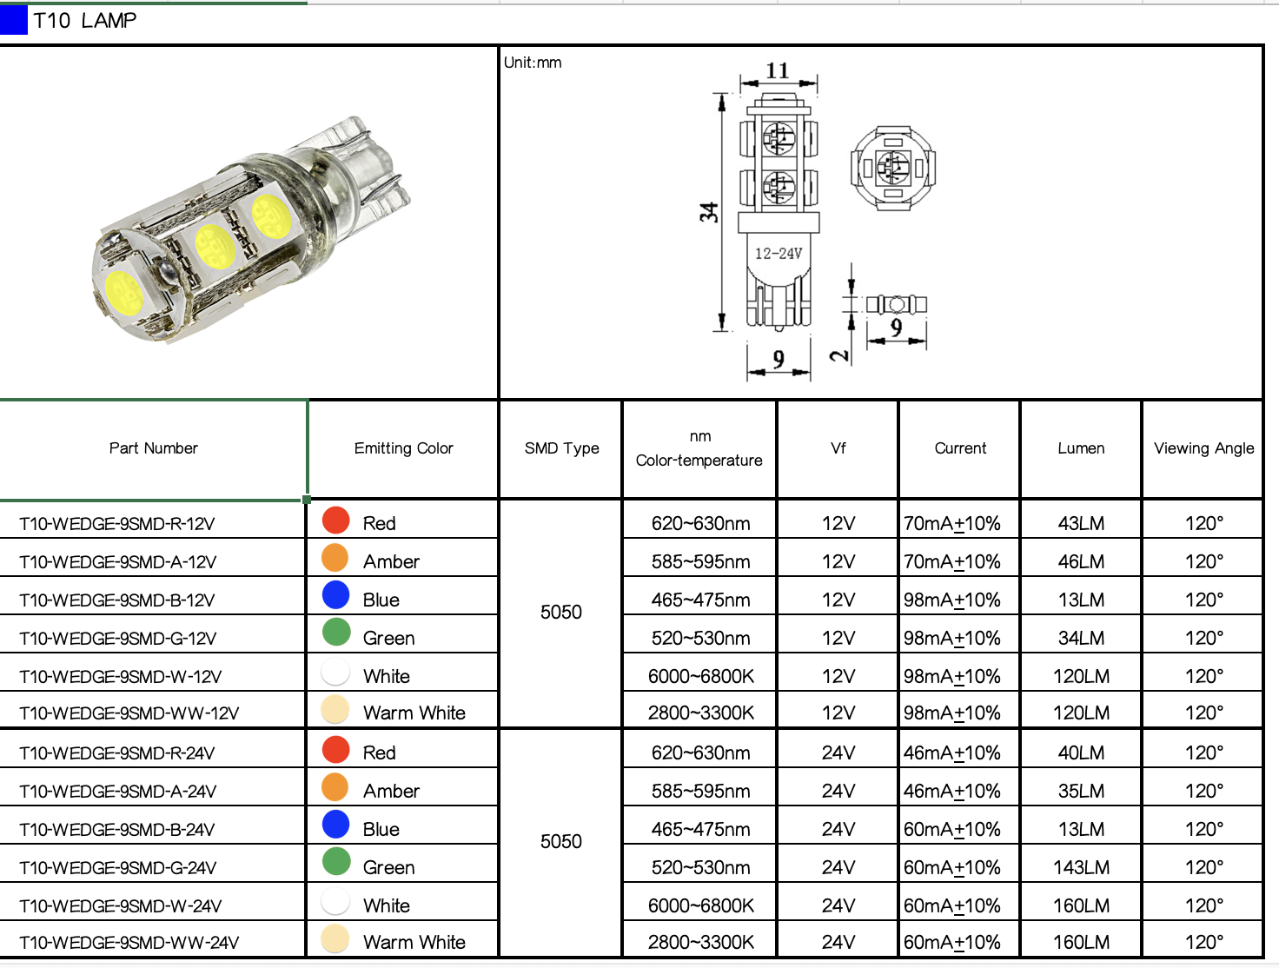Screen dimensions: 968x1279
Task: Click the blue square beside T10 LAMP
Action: (x=14, y=20)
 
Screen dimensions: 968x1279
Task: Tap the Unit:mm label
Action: (x=533, y=63)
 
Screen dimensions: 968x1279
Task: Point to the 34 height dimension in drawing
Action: (x=709, y=212)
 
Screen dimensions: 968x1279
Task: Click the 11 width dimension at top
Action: (x=777, y=70)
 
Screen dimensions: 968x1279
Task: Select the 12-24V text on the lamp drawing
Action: (x=778, y=254)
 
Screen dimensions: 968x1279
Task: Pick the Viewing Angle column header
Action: (x=1203, y=448)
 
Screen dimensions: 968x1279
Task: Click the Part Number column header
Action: (x=154, y=448)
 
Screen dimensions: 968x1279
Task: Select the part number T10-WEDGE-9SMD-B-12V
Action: (x=117, y=600)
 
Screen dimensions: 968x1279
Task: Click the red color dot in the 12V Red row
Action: (x=336, y=520)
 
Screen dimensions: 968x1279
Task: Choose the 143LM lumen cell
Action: (x=1081, y=867)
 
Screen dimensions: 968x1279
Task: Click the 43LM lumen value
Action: (x=1081, y=524)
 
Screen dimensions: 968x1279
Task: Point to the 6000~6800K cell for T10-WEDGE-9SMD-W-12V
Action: (x=700, y=677)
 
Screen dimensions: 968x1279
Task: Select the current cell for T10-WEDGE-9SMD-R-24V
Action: (x=952, y=753)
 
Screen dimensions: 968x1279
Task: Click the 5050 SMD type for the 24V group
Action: (x=561, y=842)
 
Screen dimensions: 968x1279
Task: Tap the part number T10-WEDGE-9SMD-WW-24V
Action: (x=129, y=943)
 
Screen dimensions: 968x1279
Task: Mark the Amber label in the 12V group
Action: (x=391, y=562)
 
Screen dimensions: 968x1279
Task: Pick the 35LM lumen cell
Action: (x=1081, y=792)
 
